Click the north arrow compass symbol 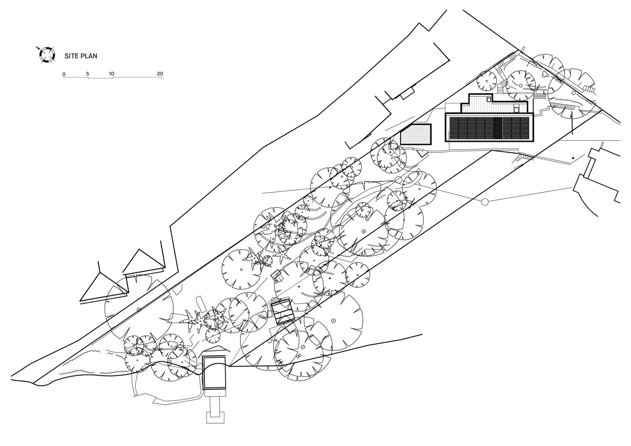click(47, 54)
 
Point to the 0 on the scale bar click(64, 74)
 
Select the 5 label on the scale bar click(88, 74)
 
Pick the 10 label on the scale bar click(111, 74)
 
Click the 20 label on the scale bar click(160, 74)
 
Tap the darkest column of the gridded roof click(498, 128)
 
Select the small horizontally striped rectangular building click(416, 134)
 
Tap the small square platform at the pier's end click(215, 417)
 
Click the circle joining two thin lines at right click(485, 202)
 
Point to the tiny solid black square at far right click(573, 158)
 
